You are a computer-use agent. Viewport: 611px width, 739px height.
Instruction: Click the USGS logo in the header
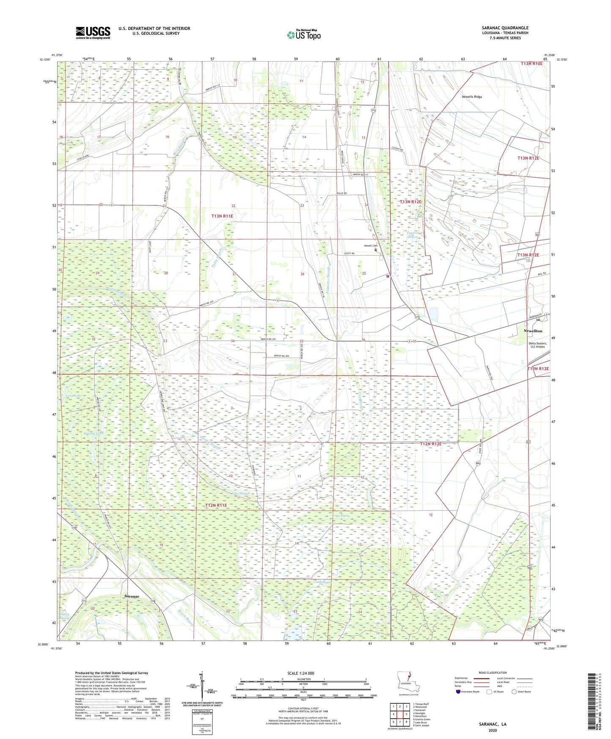pos(93,33)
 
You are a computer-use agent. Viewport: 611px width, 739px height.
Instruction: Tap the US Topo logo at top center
pos(304,35)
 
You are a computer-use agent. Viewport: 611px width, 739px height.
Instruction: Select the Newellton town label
pos(533,331)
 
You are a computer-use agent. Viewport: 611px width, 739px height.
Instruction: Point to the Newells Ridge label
pos(472,97)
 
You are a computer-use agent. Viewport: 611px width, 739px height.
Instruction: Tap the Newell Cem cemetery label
pos(370,246)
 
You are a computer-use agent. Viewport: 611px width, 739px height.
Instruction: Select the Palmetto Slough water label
pos(329,279)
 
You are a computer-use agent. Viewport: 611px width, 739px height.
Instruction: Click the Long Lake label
pos(74,395)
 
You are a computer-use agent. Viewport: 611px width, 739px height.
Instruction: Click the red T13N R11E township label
pos(222,216)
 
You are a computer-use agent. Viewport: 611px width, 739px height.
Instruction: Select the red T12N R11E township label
pos(216,505)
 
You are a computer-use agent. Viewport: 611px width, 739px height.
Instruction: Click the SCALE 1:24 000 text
pos(301,673)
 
